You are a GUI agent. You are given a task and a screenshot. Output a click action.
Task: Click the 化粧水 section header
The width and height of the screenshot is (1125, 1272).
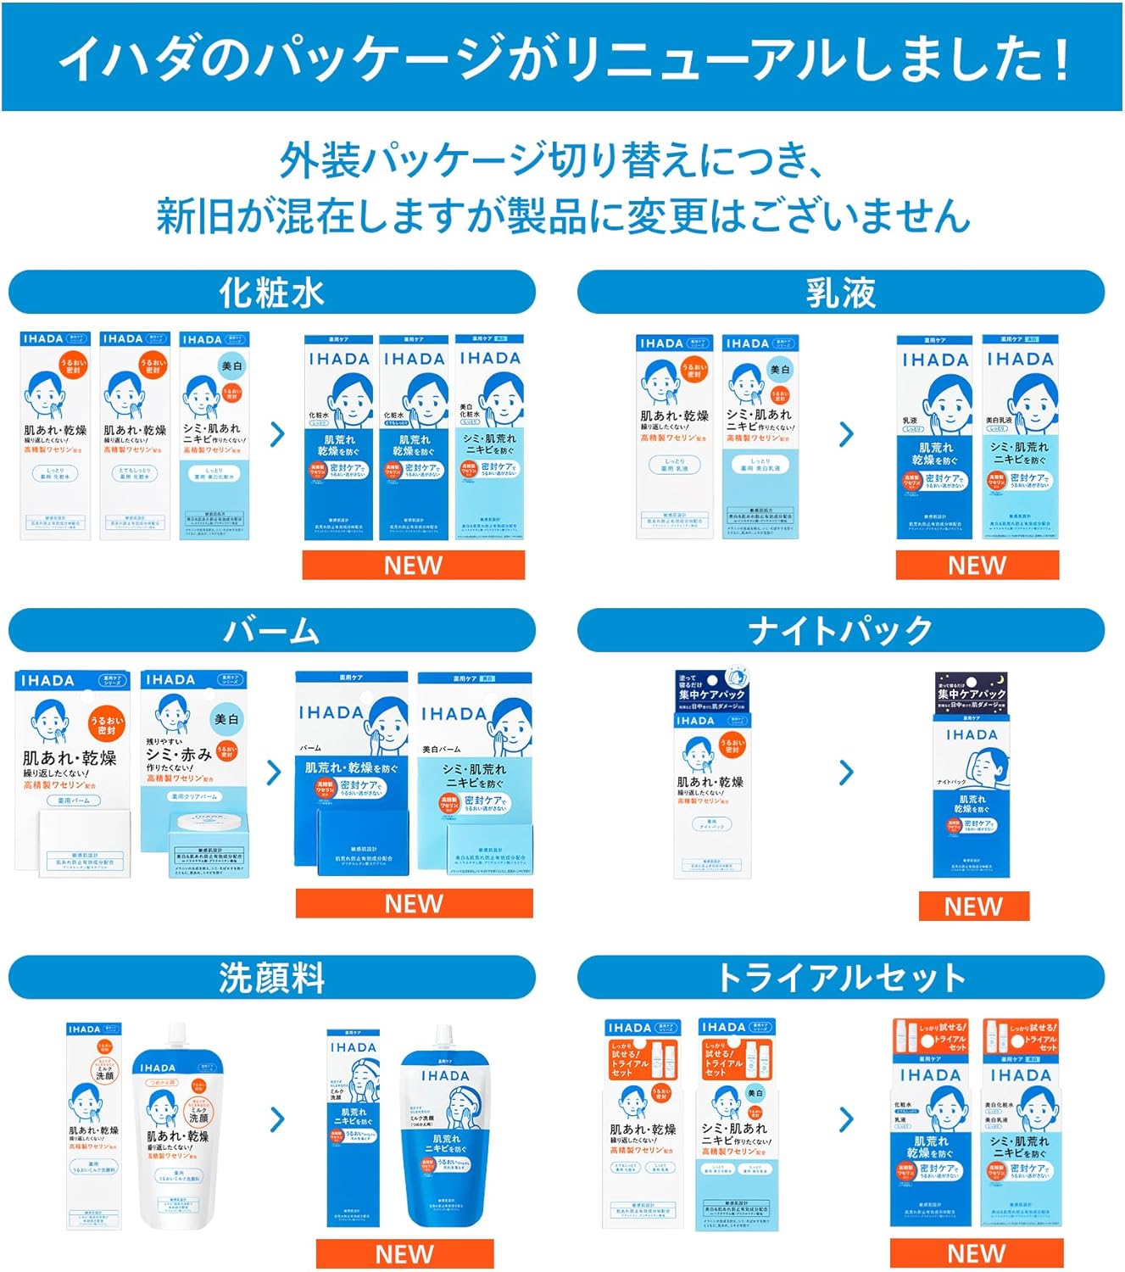pos(271,293)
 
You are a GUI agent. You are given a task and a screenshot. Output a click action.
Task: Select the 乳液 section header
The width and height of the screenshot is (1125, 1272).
pos(840,293)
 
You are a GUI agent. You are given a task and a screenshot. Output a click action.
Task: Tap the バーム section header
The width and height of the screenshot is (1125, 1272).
pos(271,631)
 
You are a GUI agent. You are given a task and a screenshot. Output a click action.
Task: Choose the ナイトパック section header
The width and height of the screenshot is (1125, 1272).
pos(840,631)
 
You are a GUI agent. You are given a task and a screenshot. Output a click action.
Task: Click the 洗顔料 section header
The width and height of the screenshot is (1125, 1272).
pos(271,978)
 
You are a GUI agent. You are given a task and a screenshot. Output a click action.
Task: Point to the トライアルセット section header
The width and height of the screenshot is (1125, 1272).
pos(840,978)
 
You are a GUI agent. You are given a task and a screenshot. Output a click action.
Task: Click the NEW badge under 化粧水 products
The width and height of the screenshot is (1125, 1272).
pos(413,566)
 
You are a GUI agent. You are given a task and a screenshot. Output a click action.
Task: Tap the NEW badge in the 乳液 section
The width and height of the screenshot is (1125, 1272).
pos(977,566)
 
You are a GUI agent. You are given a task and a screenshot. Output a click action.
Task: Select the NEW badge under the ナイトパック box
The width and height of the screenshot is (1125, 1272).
pos(973,907)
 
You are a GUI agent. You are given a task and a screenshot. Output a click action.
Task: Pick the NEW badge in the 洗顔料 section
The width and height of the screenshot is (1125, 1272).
pos(404,1253)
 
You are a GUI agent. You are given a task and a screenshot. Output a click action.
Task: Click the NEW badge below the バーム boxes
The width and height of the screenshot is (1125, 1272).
pos(414,903)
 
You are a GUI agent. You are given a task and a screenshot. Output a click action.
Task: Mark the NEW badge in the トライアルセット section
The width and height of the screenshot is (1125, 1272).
pos(976,1253)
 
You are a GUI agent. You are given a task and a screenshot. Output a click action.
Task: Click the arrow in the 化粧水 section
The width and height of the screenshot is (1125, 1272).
pos(277,435)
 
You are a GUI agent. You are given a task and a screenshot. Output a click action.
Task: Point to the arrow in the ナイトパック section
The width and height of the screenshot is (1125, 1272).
pos(846,773)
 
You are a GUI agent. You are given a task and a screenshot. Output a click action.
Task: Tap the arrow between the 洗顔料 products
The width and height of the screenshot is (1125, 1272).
pos(277,1119)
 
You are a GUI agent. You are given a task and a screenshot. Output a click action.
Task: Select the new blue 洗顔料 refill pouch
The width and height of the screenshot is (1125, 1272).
pos(445,1128)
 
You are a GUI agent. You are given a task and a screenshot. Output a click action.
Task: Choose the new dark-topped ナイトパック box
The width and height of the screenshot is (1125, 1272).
pos(972,776)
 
